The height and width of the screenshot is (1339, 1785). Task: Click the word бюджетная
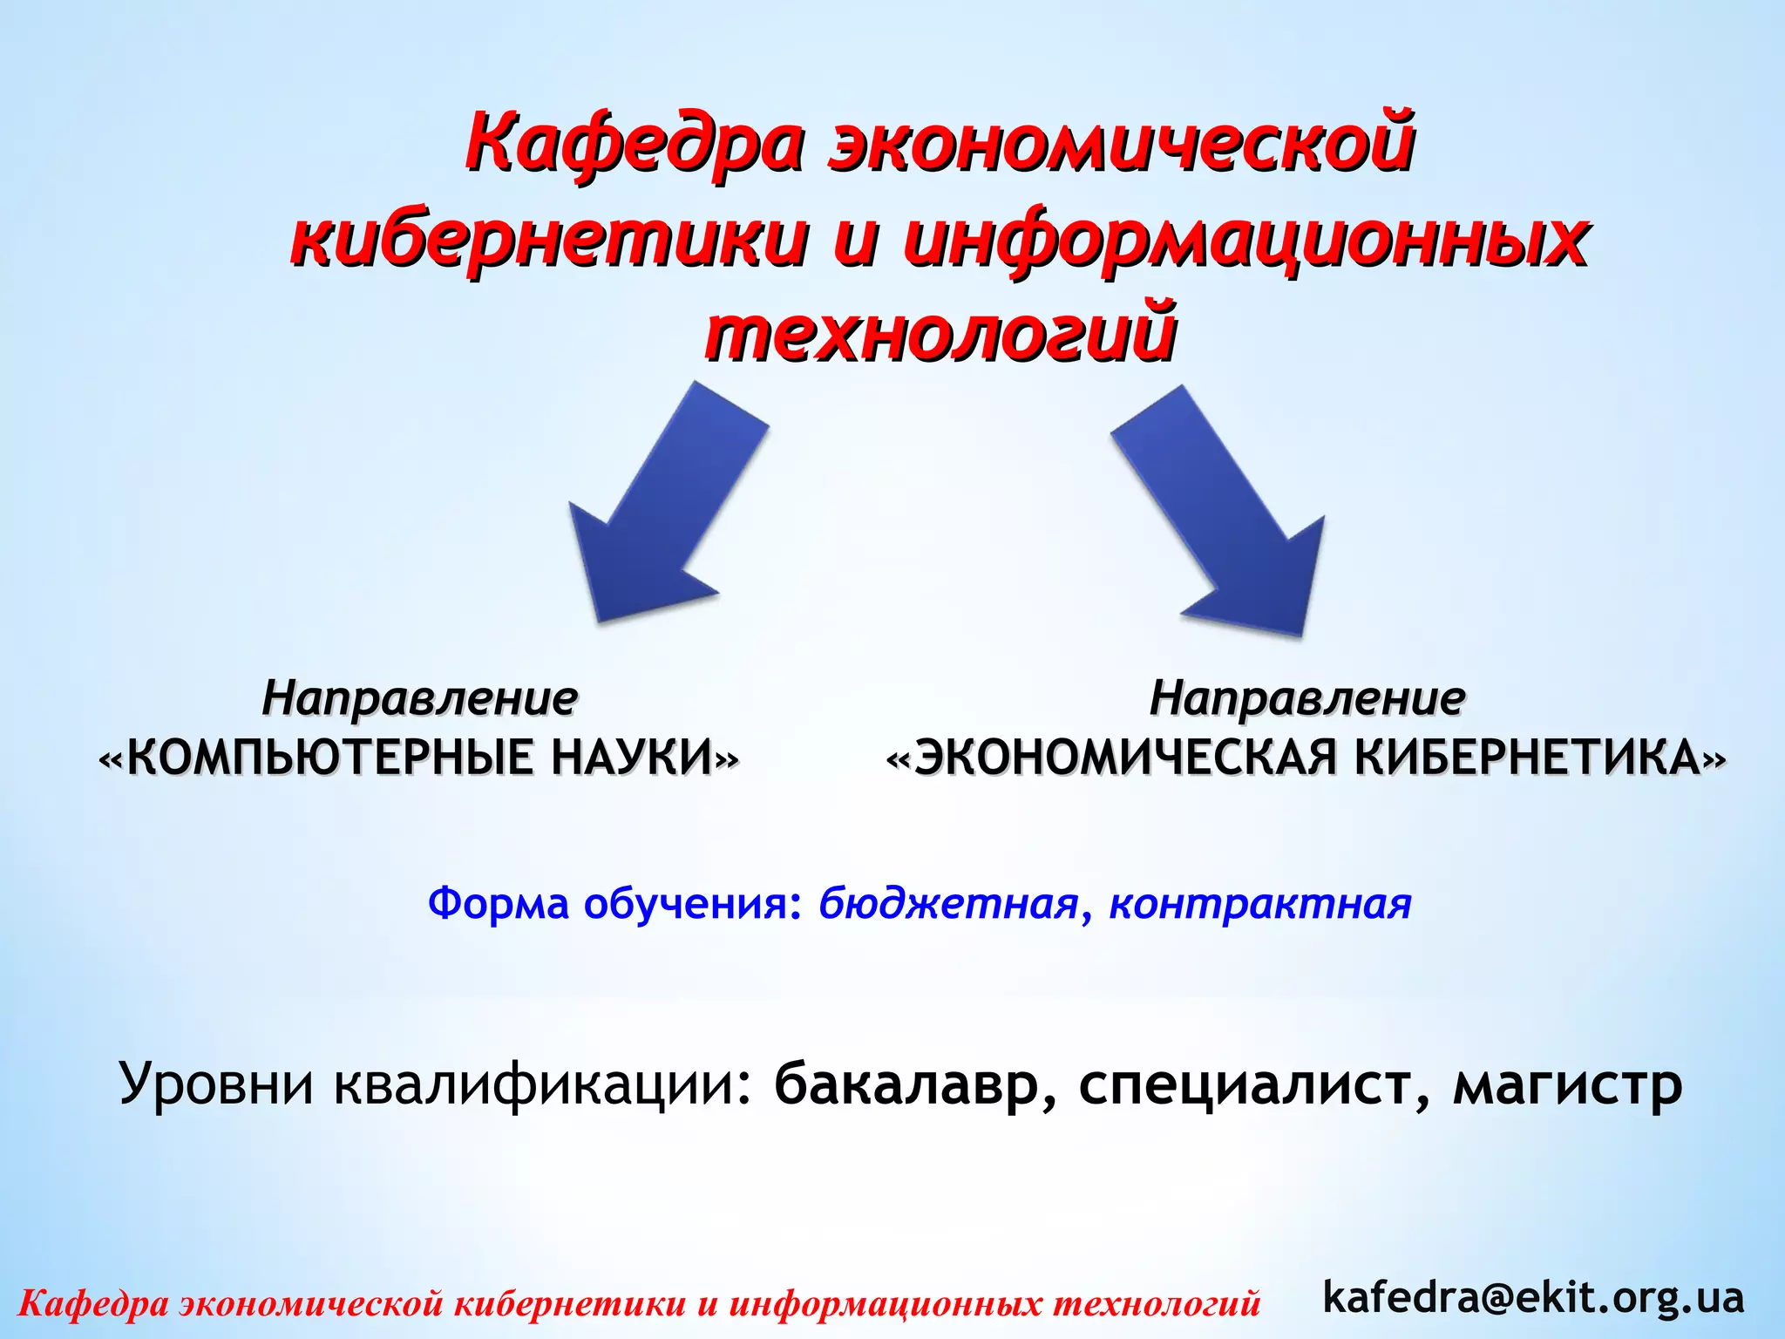949,904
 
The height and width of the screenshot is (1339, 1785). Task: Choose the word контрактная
1259,904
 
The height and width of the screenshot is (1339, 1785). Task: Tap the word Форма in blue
498,903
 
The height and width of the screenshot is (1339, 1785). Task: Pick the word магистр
1567,1085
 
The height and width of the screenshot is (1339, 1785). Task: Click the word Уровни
215,1085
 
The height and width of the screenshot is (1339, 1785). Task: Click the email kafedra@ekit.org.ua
1533,1296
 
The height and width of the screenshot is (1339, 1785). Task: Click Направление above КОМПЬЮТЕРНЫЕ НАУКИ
419,698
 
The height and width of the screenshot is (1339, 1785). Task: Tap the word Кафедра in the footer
93,1303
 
